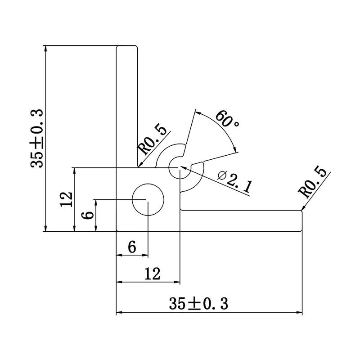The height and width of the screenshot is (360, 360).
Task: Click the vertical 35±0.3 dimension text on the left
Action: click(x=36, y=138)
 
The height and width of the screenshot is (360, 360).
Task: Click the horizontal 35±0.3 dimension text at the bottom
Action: click(x=198, y=304)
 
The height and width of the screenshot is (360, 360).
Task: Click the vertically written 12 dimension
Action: click(x=66, y=199)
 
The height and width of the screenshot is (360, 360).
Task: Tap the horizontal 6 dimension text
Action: click(x=132, y=247)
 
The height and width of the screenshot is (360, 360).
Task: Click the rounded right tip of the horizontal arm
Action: click(x=301, y=221)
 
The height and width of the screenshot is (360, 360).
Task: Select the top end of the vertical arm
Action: click(x=127, y=46)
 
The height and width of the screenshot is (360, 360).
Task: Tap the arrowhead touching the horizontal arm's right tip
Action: click(x=303, y=208)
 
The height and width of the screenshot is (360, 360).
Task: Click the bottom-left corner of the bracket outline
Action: click(x=117, y=231)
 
